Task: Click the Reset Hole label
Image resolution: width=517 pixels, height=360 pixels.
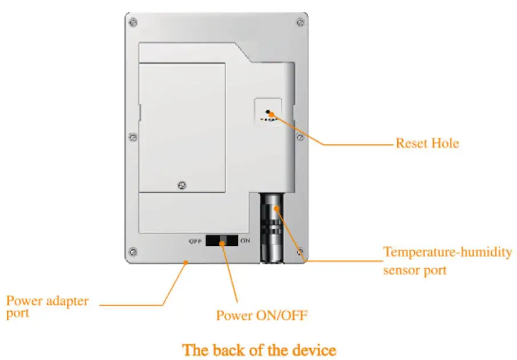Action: coord(427,143)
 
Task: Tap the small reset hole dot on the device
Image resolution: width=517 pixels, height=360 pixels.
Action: coord(267,112)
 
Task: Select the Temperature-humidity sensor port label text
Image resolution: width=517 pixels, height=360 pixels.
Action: coord(447,260)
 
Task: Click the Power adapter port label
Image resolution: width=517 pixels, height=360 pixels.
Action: coord(47,306)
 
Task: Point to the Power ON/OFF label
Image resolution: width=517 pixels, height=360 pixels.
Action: coord(261,315)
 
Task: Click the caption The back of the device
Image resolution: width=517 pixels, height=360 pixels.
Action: coord(258,349)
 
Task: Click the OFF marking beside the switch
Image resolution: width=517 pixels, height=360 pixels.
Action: coord(195,241)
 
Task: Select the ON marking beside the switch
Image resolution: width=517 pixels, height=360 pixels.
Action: coord(245,241)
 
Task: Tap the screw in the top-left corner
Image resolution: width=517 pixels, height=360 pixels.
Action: coord(133,23)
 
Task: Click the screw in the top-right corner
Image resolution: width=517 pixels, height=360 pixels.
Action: coord(300,23)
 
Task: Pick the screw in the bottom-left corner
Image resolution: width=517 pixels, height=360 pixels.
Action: coord(133,251)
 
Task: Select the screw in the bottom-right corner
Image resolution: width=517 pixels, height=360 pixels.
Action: coord(300,251)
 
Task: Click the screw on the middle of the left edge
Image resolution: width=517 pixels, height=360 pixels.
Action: coord(133,137)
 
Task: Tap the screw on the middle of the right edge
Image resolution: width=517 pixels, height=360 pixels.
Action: coord(300,137)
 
